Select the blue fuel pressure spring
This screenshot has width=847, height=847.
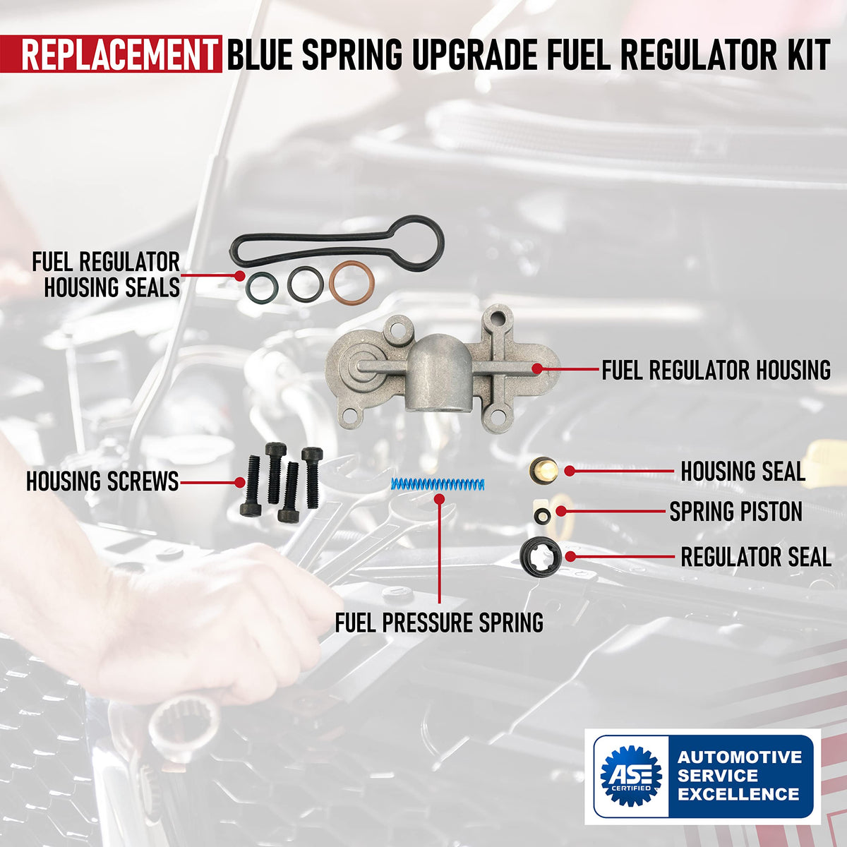[x=438, y=484]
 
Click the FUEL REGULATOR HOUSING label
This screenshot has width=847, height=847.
[x=716, y=370]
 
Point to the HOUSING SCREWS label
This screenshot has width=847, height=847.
[x=102, y=481]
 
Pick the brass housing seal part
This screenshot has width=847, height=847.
[x=543, y=470]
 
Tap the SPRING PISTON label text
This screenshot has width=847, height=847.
[x=735, y=511]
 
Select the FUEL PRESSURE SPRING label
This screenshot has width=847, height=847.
[x=439, y=623]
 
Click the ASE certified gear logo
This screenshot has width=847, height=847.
[x=631, y=776]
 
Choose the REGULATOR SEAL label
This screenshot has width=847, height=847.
[x=756, y=556]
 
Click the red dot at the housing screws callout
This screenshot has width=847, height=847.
[x=239, y=482]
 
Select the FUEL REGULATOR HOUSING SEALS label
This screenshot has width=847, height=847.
[x=106, y=275]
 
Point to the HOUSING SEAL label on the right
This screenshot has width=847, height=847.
[x=743, y=471]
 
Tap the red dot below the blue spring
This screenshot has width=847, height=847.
[x=439, y=498]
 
